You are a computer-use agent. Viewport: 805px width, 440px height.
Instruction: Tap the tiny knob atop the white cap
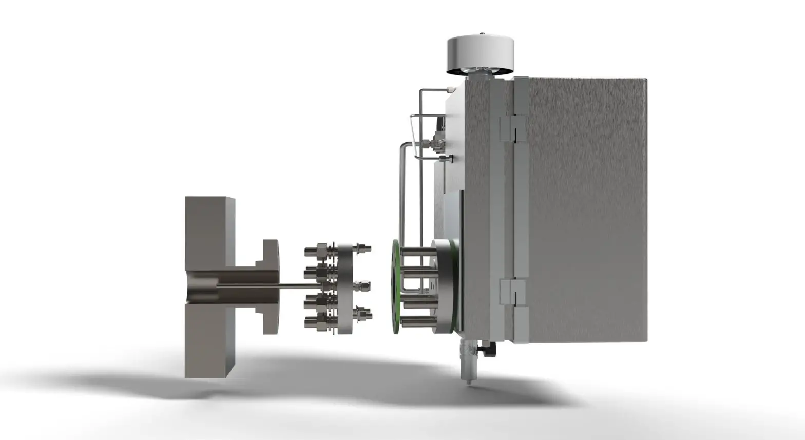pyautogui.click(x=482, y=35)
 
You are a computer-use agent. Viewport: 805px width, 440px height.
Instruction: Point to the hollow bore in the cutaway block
pyautogui.click(x=205, y=291)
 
